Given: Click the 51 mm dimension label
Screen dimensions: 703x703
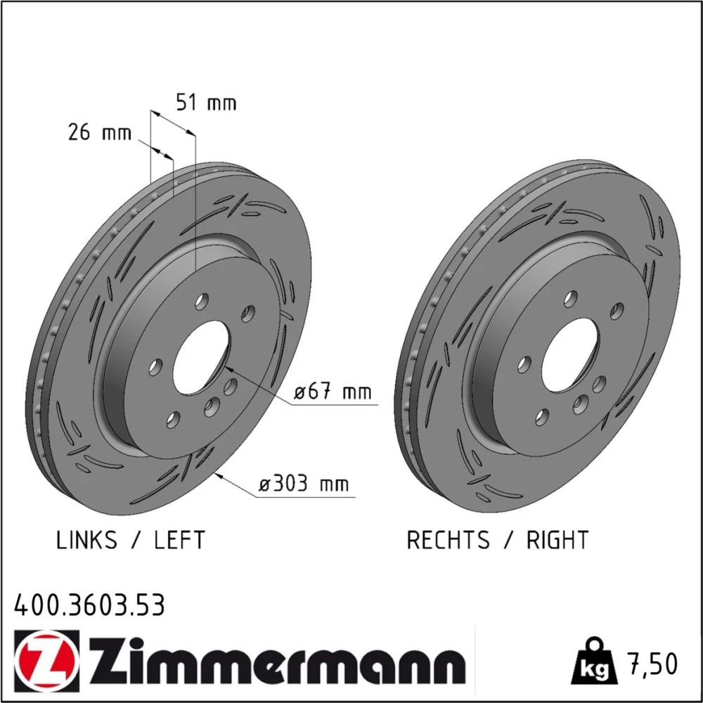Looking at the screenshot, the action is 206,103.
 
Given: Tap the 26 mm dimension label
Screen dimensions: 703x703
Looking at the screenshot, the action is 100,132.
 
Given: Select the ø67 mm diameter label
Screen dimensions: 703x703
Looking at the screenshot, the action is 333,392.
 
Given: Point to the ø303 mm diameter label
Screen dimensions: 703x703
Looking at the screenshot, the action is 304,484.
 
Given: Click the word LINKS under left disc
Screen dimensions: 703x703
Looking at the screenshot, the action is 86,540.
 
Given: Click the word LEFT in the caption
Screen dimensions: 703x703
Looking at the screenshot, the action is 179,540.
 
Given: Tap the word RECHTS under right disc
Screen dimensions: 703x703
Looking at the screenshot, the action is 448,540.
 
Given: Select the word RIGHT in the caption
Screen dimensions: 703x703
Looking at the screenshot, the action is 557,540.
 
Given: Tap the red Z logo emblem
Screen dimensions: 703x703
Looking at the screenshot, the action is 46,661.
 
